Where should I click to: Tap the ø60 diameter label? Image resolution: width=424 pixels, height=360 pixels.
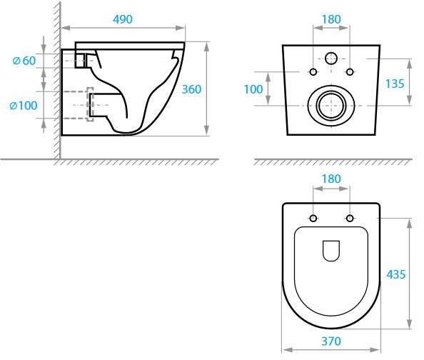coord(24,61)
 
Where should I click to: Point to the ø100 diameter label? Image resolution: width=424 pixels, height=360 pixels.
coord(23,106)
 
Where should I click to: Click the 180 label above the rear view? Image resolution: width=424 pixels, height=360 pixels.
coord(330,19)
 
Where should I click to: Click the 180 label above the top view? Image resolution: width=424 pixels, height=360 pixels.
coord(330,179)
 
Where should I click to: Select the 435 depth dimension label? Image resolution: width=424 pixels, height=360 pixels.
coord(396,274)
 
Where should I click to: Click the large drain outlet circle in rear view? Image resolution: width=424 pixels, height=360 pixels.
coord(330,105)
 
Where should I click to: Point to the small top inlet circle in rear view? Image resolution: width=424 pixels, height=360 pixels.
coord(330,58)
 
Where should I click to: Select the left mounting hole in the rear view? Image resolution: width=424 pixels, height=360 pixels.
coord(313,71)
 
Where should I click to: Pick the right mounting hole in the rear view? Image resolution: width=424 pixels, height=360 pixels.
coord(348,71)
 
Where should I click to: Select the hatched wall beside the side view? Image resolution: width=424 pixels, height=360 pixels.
coord(54,79)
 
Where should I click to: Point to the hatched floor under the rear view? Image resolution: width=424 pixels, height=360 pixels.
coord(330,162)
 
